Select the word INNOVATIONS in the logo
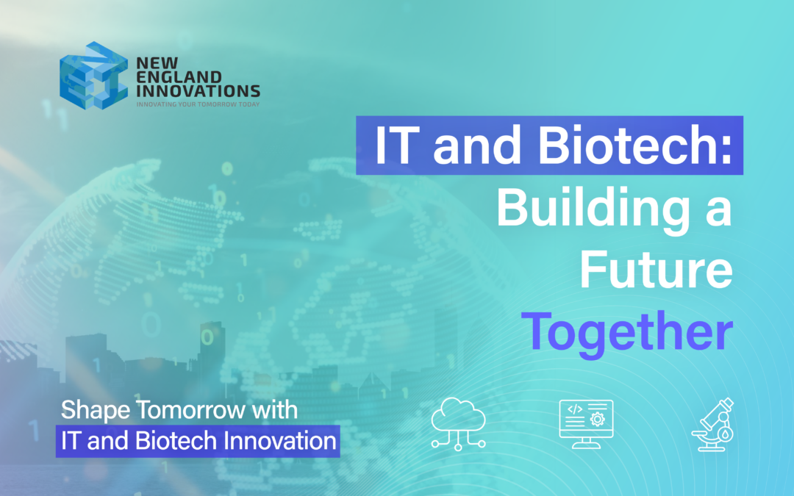[198, 91]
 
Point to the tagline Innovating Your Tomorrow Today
[198, 104]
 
